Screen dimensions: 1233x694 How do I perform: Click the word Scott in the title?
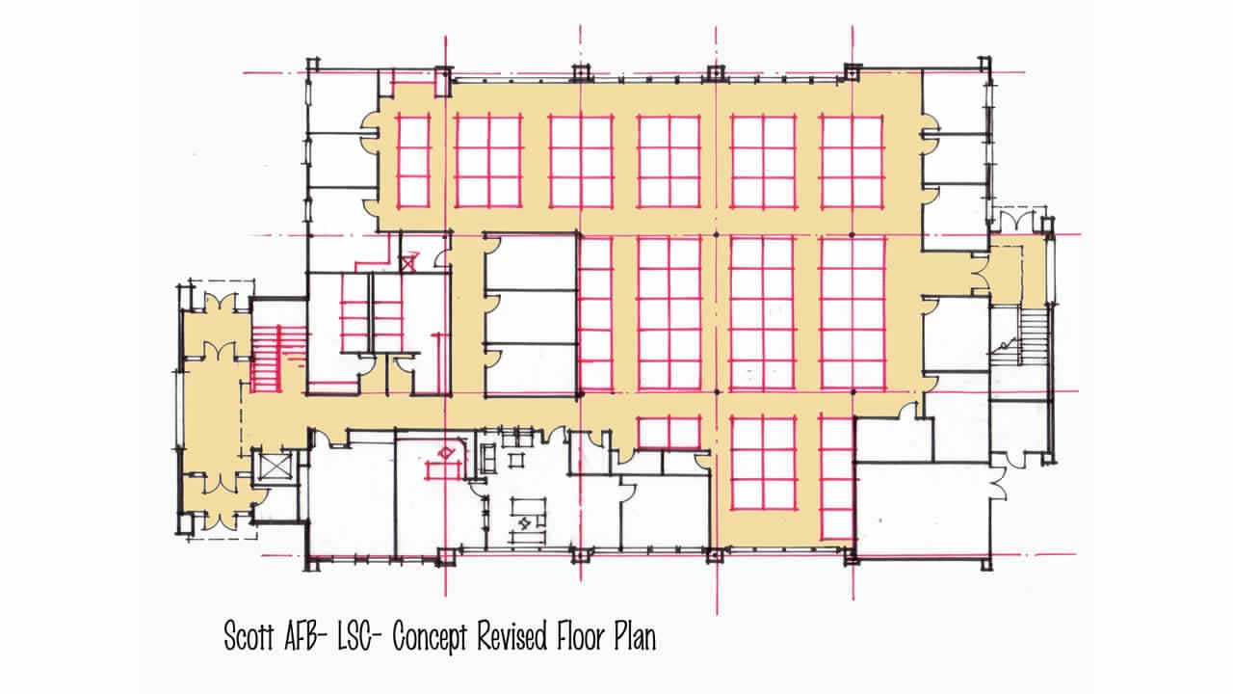pos(249,636)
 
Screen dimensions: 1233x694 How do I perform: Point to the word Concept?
pos(430,638)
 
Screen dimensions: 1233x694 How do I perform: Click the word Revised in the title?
pos(512,636)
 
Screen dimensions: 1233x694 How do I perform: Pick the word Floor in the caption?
pos(580,636)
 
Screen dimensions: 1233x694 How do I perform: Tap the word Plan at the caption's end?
pos(635,637)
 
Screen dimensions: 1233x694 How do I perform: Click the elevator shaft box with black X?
pos(275,467)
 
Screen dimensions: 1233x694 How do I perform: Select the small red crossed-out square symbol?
pos(407,263)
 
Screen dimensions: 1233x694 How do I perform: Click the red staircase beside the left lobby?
pos(267,359)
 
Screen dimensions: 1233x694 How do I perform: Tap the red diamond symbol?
pos(445,453)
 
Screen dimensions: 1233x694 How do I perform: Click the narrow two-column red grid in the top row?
pos(413,162)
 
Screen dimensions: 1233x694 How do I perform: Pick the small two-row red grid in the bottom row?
pos(669,433)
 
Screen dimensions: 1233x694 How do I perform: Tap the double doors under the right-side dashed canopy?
pos(1017,222)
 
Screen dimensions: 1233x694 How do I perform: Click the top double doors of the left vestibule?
pos(221,303)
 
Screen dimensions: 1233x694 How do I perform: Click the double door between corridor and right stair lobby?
pos(981,279)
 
